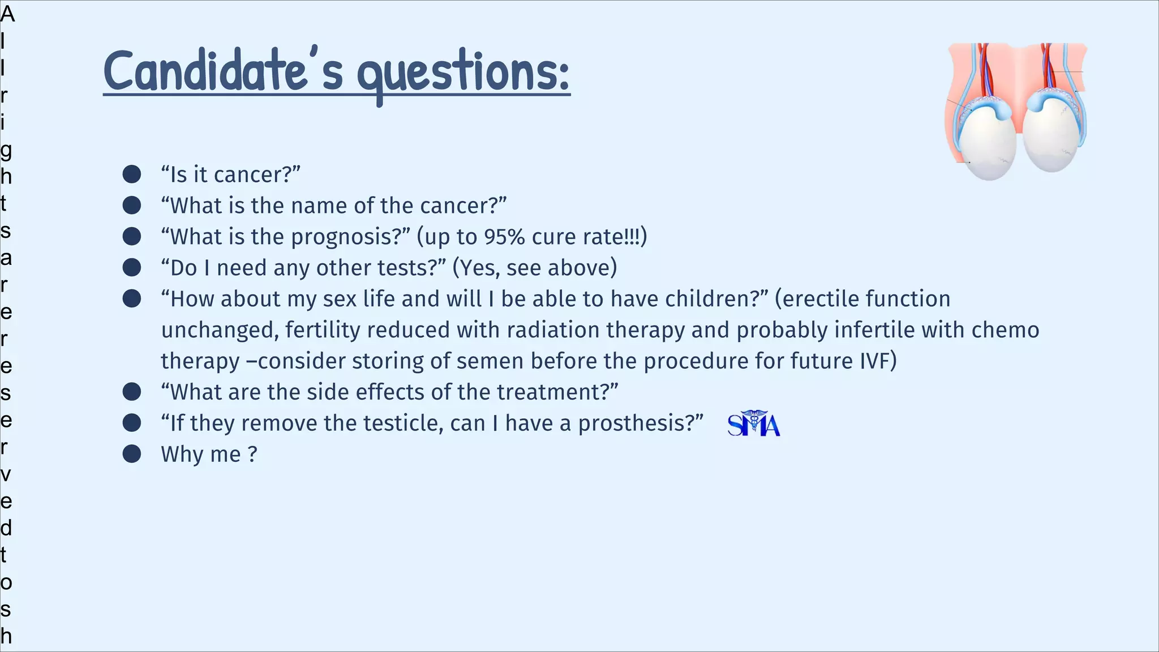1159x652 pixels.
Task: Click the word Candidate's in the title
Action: pyautogui.click(x=223, y=71)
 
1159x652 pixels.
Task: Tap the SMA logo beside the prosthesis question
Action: pyautogui.click(x=753, y=424)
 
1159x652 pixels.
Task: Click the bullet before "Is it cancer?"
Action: pyautogui.click(x=132, y=174)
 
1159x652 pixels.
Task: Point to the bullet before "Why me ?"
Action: pyautogui.click(x=132, y=454)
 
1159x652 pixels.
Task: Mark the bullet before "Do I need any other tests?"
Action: pyautogui.click(x=132, y=268)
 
